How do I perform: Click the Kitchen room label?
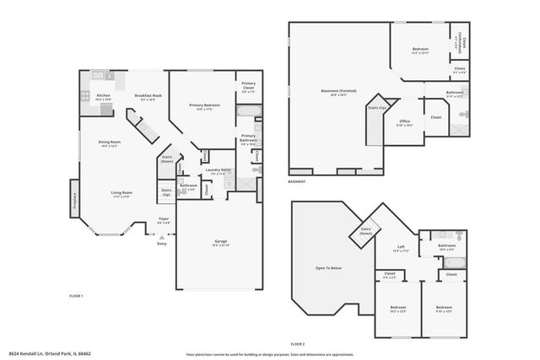pos(104,97)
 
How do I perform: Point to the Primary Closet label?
pos(249,86)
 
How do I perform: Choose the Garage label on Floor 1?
pos(220,243)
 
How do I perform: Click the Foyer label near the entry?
pos(164,220)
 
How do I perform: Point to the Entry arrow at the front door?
pos(161,238)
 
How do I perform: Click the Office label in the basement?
pos(404,123)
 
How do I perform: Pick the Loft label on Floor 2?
pos(400,250)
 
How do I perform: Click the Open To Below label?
pos(328,268)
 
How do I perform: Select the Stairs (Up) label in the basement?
pos(378,108)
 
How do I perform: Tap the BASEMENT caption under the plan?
pos(297,181)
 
